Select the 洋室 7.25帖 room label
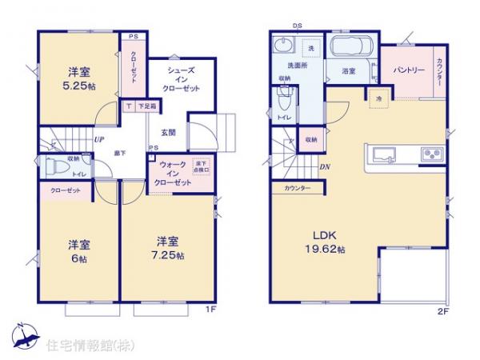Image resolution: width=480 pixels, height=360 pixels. [169, 247]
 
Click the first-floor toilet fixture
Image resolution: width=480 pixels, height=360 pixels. [58, 169]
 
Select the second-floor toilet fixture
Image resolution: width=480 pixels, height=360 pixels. [282, 100]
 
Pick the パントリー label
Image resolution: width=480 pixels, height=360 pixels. [407, 70]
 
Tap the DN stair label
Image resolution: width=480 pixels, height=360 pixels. [324, 167]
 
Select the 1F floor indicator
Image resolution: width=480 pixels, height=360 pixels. [210, 308]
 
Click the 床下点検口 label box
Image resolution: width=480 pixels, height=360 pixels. [201, 167]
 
